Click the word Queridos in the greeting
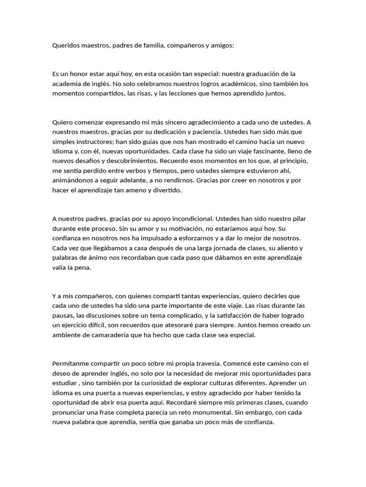coord(66,46)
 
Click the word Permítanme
coord(71,363)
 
